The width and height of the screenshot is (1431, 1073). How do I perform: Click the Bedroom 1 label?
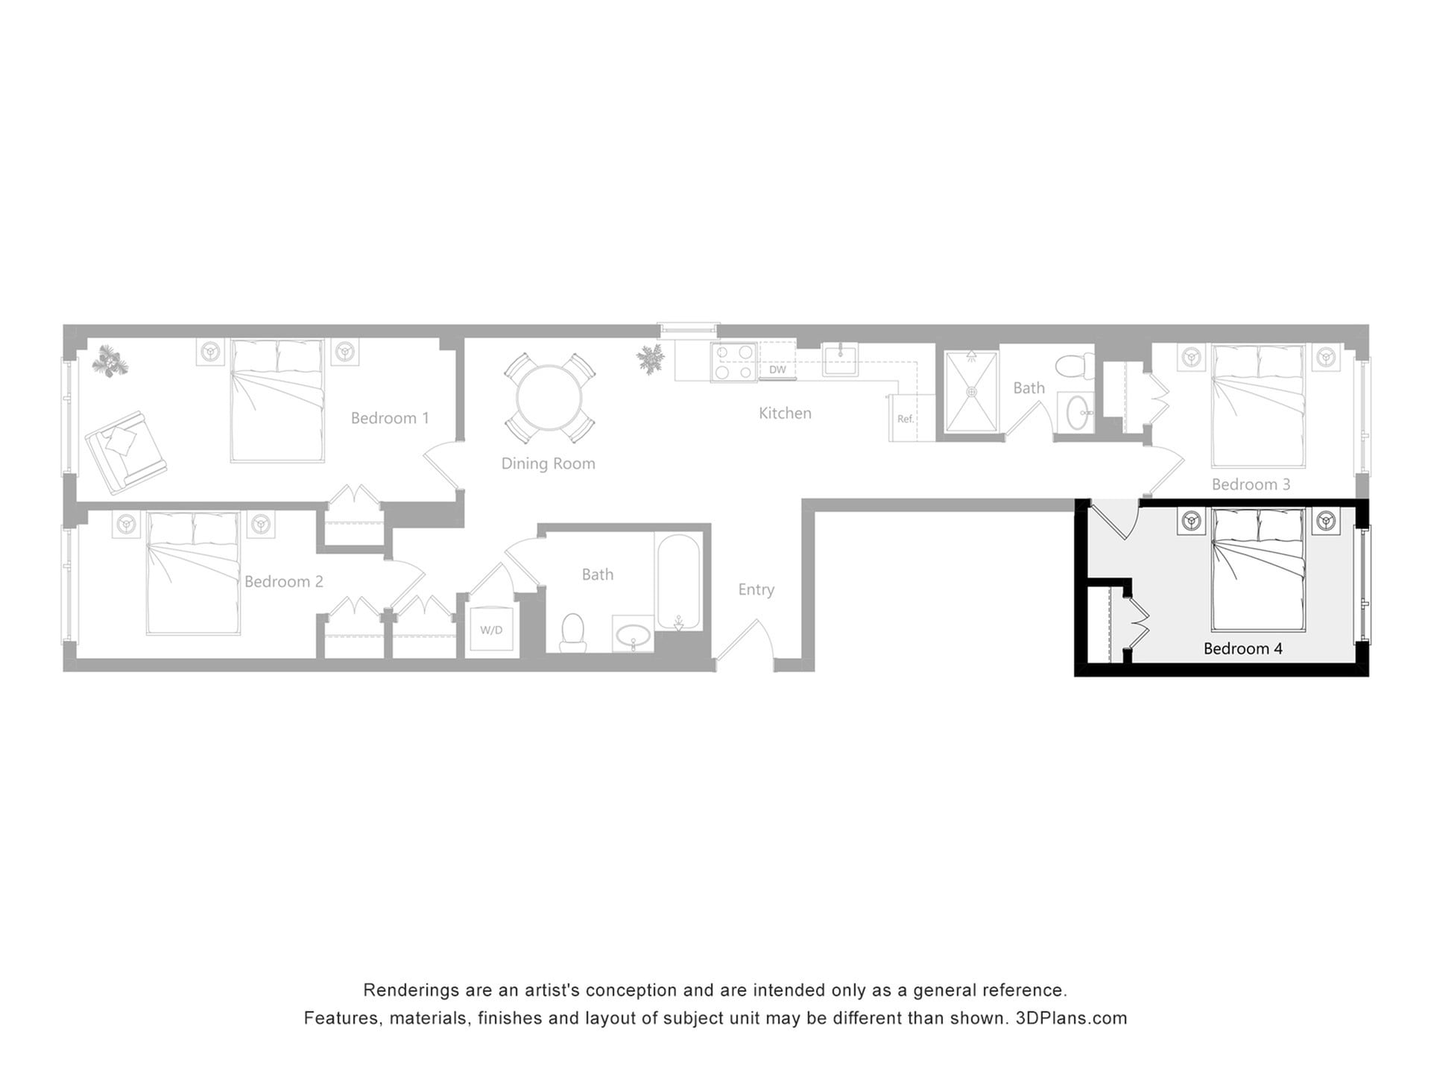tap(390, 418)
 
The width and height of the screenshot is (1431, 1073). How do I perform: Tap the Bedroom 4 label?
tap(1242, 648)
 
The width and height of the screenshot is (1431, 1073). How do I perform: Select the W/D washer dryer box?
tap(491, 630)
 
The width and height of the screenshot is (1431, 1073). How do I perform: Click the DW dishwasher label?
tap(777, 370)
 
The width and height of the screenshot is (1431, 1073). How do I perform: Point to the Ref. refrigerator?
tap(906, 419)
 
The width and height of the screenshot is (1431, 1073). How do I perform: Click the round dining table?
tap(549, 397)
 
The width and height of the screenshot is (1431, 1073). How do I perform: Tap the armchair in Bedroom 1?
tap(125, 452)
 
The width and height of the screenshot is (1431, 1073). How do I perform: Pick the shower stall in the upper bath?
tap(970, 391)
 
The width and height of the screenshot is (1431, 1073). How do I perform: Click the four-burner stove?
tap(733, 362)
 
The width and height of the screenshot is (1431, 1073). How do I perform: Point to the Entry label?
tap(756, 589)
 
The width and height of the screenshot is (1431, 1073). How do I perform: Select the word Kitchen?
tap(785, 413)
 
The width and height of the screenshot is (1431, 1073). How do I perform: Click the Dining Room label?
tap(548, 463)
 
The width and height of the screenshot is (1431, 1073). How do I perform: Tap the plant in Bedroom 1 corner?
tap(110, 361)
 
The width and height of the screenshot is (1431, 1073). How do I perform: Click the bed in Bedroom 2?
tap(194, 572)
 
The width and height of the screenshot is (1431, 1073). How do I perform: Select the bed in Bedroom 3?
tap(1258, 405)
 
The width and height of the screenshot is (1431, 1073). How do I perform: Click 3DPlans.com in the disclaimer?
tap(1071, 1018)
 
